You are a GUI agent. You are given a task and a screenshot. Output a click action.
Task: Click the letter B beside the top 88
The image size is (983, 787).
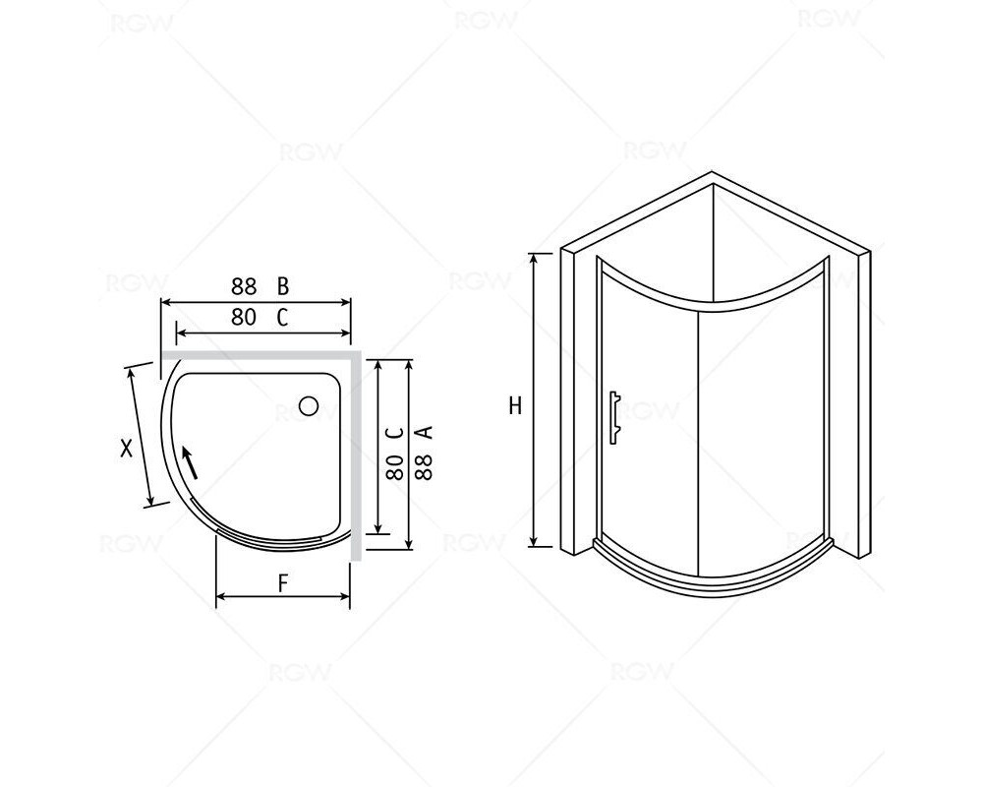click(283, 286)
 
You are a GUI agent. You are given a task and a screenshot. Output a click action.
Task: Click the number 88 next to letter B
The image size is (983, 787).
click(244, 286)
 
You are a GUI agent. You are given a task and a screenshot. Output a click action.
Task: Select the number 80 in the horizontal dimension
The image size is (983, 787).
click(244, 318)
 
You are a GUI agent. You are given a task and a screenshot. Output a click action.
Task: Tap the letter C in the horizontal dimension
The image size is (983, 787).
click(283, 318)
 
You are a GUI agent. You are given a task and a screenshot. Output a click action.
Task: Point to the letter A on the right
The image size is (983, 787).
click(425, 433)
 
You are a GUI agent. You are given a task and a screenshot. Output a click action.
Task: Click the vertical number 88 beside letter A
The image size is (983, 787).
click(425, 466)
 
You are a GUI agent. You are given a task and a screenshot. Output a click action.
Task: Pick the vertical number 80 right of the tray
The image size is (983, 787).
click(394, 466)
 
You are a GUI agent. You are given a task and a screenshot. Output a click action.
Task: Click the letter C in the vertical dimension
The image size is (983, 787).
click(394, 433)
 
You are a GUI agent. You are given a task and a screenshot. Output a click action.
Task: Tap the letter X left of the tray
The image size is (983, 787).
click(127, 449)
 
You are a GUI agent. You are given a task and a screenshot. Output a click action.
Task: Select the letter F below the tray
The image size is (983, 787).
click(283, 584)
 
